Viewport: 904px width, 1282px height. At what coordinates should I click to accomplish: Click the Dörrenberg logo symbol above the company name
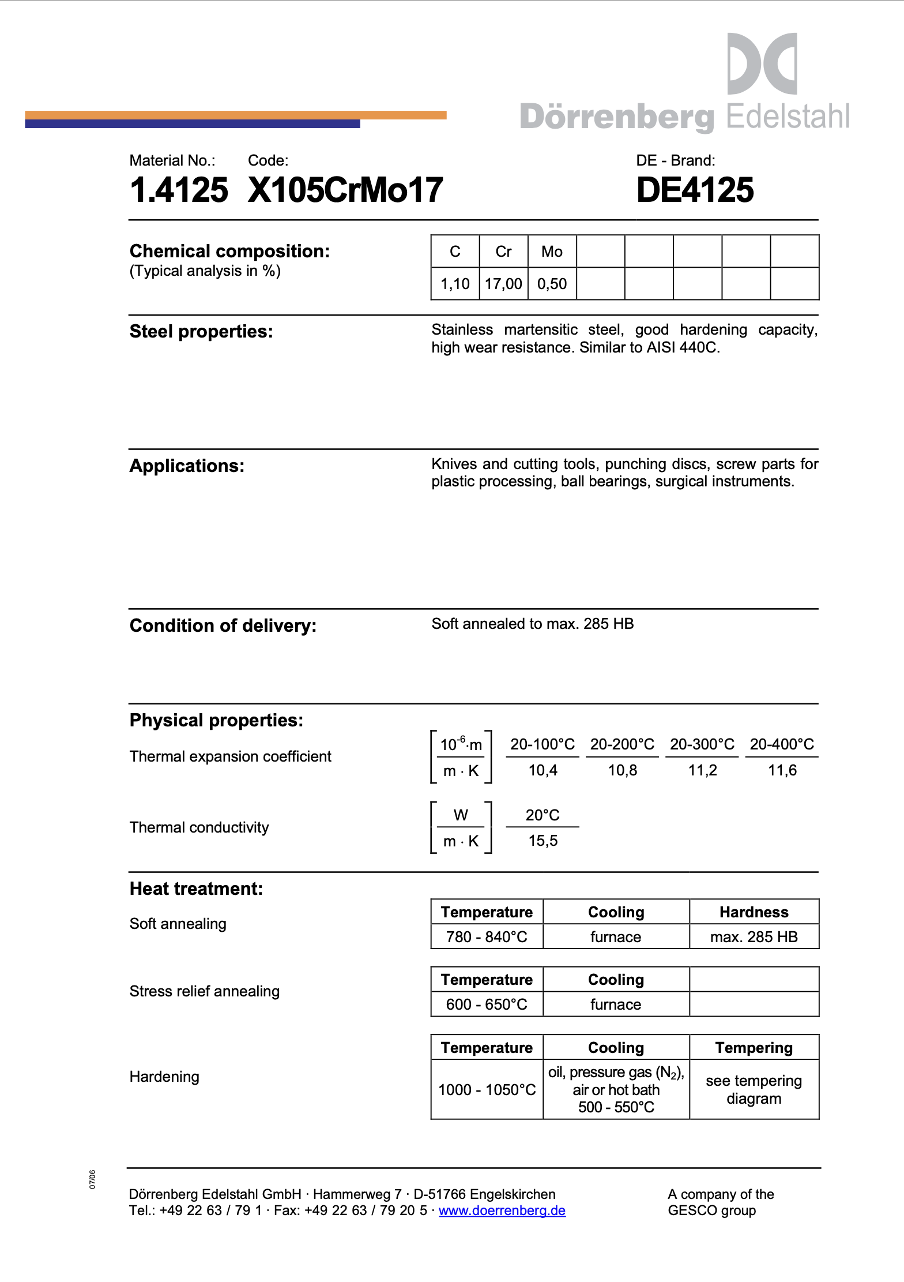click(x=762, y=63)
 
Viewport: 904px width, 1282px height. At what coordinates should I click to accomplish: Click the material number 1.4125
click(x=179, y=190)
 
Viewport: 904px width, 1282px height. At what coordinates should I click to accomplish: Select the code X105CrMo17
click(x=345, y=190)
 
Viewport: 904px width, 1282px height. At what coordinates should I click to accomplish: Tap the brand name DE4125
click(x=695, y=190)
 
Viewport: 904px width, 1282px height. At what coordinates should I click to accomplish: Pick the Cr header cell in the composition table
click(x=503, y=252)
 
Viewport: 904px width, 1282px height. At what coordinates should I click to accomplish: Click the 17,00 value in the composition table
click(x=503, y=284)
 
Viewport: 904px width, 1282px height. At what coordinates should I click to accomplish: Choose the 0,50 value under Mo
click(x=552, y=284)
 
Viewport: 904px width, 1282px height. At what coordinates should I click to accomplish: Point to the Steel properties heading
click(x=201, y=332)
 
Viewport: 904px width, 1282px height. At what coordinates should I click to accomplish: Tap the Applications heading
click(x=187, y=466)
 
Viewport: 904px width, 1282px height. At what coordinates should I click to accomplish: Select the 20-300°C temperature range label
click(x=702, y=744)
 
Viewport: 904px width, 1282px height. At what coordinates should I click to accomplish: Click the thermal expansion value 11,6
click(x=782, y=770)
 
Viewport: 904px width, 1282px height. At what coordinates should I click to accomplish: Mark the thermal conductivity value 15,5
click(x=543, y=841)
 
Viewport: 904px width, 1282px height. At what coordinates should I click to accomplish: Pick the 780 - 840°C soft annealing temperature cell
click(x=487, y=937)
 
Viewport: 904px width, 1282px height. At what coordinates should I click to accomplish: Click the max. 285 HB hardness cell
click(x=754, y=937)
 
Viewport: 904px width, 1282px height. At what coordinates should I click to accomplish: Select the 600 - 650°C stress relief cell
click(x=487, y=1004)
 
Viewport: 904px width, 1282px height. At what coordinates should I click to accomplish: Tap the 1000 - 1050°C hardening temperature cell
click(x=487, y=1090)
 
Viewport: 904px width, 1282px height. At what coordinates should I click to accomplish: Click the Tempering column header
click(x=754, y=1048)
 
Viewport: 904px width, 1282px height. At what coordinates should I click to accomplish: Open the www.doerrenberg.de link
click(x=502, y=1210)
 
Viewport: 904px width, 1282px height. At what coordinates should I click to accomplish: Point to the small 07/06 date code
click(x=92, y=1179)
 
